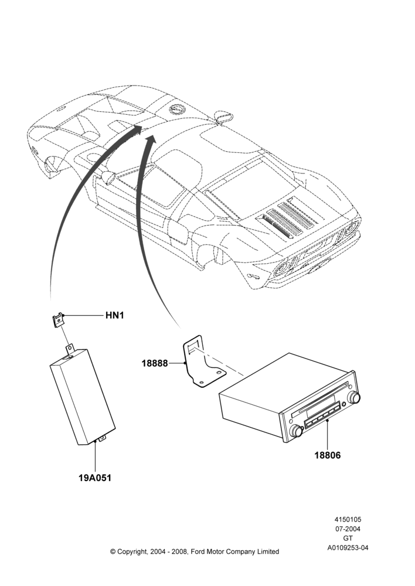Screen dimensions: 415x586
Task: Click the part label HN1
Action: tap(114, 315)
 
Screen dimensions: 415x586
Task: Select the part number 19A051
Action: tap(95, 478)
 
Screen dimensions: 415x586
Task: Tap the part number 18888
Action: tap(154, 363)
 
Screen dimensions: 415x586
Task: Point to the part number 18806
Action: tap(328, 455)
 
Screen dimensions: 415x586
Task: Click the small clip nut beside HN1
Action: tap(58, 321)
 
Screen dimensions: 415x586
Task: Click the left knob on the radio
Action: tap(297, 431)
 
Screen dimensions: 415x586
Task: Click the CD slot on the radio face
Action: tap(320, 398)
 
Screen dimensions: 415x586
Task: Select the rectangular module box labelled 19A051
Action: tap(83, 397)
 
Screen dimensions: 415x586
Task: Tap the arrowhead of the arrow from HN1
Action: tap(137, 130)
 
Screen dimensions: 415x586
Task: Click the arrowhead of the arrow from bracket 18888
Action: tap(151, 140)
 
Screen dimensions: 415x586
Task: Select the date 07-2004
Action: tap(348, 529)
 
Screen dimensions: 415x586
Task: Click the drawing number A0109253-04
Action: tap(348, 548)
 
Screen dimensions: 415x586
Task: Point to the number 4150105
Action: tap(348, 519)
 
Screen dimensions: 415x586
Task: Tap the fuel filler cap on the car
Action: tap(176, 108)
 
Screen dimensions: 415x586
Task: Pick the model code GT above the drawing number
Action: tap(348, 539)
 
